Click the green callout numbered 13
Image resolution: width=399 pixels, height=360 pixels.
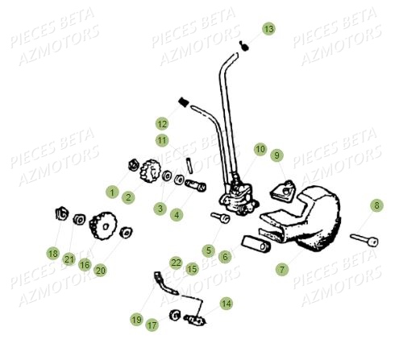pyautogui.click(x=268, y=29)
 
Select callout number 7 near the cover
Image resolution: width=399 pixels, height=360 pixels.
pyautogui.click(x=281, y=269)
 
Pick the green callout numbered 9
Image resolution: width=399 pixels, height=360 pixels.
pyautogui.click(x=276, y=155)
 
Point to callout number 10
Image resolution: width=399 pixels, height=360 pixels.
pyautogui.click(x=260, y=149)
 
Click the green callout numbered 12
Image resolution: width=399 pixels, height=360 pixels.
pyautogui.click(x=162, y=124)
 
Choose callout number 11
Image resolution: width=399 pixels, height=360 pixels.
pyautogui.click(x=162, y=140)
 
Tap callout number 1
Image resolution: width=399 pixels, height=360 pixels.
pyautogui.click(x=112, y=192)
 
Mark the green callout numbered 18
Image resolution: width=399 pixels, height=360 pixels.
pyautogui.click(x=52, y=253)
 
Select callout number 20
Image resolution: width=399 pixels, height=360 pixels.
pyautogui.click(x=101, y=270)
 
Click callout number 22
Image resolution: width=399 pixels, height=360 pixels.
pyautogui.click(x=176, y=263)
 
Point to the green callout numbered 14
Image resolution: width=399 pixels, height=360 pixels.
pyautogui.click(x=226, y=304)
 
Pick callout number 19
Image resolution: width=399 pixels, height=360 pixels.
pyautogui.click(x=136, y=320)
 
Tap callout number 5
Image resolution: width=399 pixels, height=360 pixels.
pyautogui.click(x=208, y=250)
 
